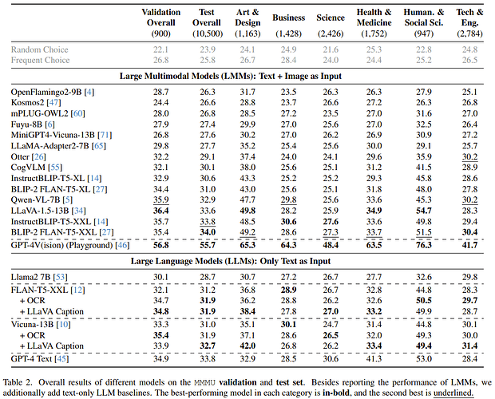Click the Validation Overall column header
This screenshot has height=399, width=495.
161,22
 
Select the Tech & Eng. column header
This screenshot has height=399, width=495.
469,22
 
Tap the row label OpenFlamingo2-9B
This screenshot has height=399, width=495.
46,92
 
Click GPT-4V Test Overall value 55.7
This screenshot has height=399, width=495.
208,245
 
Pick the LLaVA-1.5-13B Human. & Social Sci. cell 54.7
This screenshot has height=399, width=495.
424,211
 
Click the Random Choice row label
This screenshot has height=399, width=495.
39,49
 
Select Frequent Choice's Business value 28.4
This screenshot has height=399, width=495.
288,60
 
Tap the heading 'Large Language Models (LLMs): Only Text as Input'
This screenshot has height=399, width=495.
231,261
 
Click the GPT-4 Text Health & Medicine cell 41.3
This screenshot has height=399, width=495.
374,358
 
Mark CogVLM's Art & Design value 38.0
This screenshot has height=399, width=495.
247,167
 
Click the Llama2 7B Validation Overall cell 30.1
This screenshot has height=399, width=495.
161,277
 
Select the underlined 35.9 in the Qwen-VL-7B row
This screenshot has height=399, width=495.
161,199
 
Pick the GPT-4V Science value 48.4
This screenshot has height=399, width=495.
331,245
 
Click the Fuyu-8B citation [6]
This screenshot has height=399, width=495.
49,124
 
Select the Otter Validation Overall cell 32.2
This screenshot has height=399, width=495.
161,156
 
